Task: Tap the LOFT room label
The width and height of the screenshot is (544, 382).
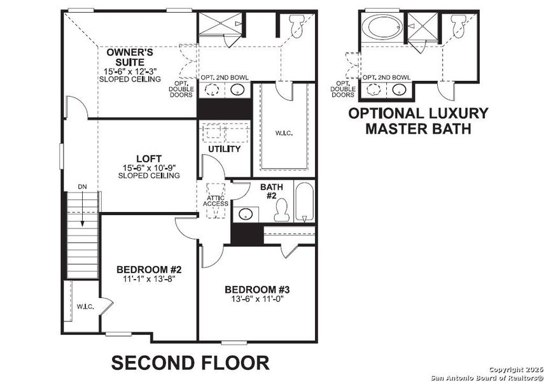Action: coord(148,159)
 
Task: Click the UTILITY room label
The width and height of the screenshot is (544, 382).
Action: coord(225,149)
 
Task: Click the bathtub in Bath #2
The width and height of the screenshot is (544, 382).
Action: coord(305,203)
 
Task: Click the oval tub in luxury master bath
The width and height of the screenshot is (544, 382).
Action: coord(380,28)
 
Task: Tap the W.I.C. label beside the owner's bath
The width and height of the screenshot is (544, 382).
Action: coord(284,134)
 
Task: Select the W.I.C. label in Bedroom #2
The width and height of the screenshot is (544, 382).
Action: coord(85,307)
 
